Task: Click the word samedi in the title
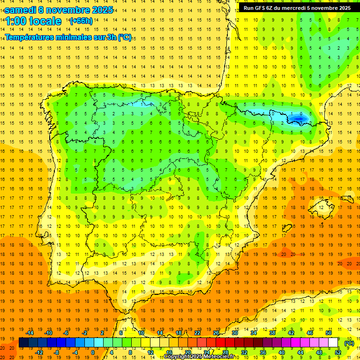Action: point(20,10)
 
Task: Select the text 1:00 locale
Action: point(33,21)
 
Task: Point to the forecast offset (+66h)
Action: point(81,21)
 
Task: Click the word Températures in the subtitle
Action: point(34,37)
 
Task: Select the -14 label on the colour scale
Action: point(30,333)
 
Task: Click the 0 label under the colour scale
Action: point(92,352)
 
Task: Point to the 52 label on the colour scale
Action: point(338,352)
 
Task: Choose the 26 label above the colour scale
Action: point(216,333)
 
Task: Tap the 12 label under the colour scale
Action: point(150,352)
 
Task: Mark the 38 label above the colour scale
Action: point(272,333)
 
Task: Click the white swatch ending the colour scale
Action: point(333,343)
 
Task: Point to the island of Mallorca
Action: point(324,204)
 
